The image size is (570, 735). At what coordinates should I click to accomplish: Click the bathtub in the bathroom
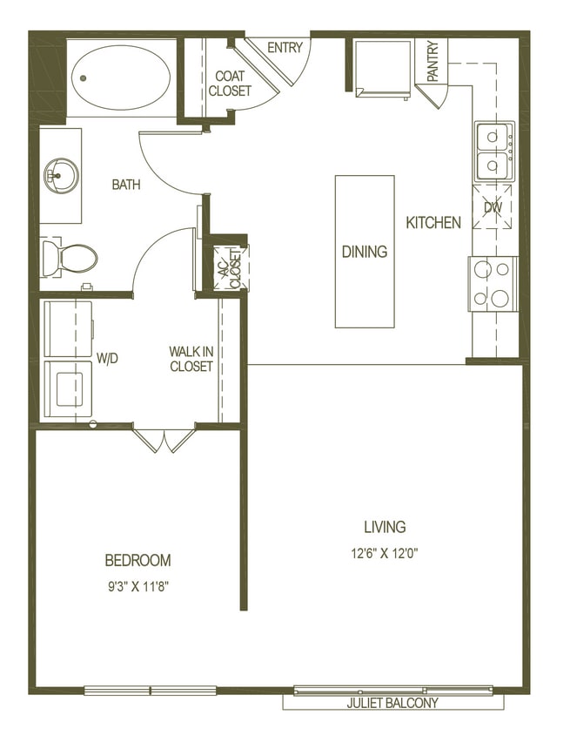click(x=121, y=78)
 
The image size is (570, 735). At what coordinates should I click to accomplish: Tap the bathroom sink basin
click(x=61, y=175)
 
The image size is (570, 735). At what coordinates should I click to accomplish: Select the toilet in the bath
click(x=70, y=258)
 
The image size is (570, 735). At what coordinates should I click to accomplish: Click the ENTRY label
click(x=285, y=47)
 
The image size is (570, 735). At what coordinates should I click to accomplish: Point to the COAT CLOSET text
click(x=230, y=84)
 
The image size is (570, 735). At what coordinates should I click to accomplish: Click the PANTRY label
click(x=433, y=61)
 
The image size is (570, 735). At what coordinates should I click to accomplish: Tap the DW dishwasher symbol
click(x=493, y=207)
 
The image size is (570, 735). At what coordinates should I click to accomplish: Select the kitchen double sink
click(x=494, y=152)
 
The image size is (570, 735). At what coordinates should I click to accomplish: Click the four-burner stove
click(x=493, y=284)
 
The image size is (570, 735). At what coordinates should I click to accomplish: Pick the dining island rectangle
click(x=365, y=252)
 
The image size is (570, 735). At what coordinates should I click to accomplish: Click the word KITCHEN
click(x=433, y=223)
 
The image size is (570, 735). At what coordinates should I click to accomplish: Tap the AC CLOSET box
click(x=231, y=268)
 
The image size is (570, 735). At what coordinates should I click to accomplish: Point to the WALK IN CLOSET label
click(x=191, y=359)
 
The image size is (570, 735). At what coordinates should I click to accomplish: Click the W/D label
click(x=107, y=359)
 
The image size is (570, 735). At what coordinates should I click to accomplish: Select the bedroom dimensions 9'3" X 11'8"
click(x=137, y=586)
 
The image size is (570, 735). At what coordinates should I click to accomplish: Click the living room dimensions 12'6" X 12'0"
click(x=385, y=554)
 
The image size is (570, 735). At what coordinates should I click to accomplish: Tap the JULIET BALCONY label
click(x=392, y=703)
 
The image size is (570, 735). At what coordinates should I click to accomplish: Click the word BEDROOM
click(x=137, y=560)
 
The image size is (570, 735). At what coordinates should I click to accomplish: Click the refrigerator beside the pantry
click(x=384, y=69)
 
